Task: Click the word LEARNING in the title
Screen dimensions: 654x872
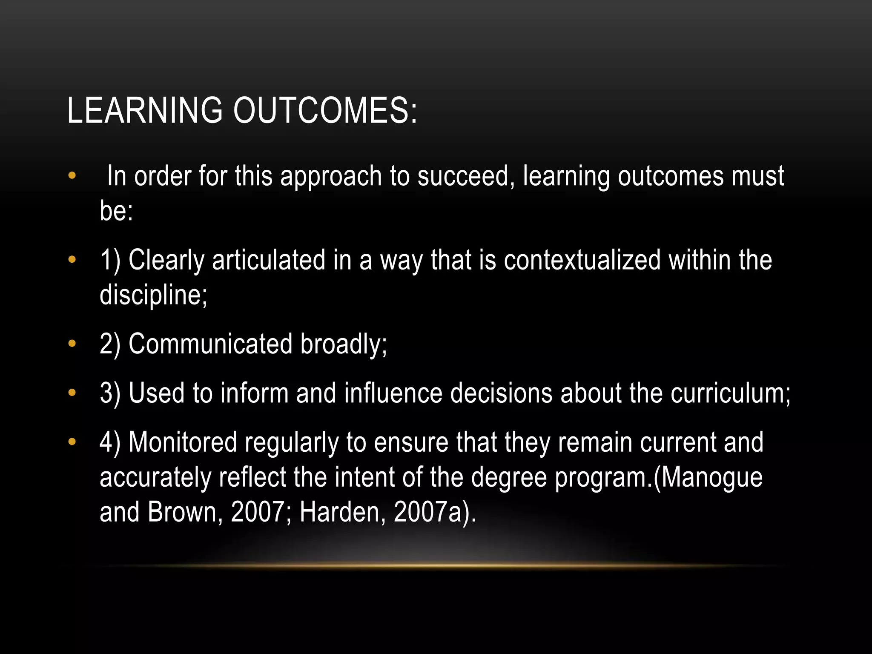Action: pos(145,111)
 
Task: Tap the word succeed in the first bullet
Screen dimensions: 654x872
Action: pos(463,176)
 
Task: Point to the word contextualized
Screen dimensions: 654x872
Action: pos(582,260)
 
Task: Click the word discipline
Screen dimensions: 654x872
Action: pos(153,295)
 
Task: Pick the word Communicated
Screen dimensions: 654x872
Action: pos(210,344)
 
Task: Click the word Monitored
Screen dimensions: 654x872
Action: pos(183,442)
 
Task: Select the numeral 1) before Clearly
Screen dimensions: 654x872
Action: pos(110,260)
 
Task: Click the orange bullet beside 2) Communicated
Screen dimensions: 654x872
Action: pos(72,343)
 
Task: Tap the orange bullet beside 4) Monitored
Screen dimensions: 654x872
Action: pos(72,442)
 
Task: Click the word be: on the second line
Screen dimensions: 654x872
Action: pos(116,211)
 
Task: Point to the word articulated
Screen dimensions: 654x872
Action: pos(269,260)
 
